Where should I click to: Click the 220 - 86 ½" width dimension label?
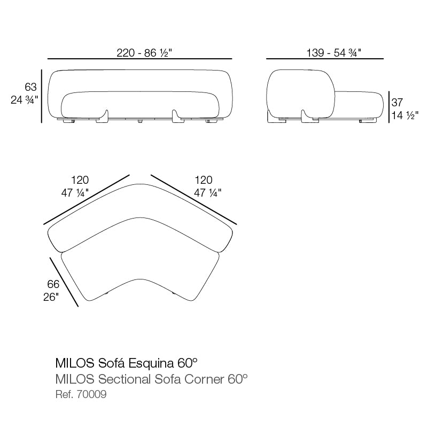coord(140,52)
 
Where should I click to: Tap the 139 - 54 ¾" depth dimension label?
coord(325,52)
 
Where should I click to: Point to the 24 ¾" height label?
coord(25,99)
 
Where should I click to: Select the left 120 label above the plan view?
coord(80,180)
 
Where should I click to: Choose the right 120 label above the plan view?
coord(203,180)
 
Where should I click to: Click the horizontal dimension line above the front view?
coord(140,58)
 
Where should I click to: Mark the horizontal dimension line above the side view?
coord(325,58)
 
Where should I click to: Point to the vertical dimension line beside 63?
coord(42,96)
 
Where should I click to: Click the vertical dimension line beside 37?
coord(388,107)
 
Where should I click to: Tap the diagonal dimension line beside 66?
coord(64,282)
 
